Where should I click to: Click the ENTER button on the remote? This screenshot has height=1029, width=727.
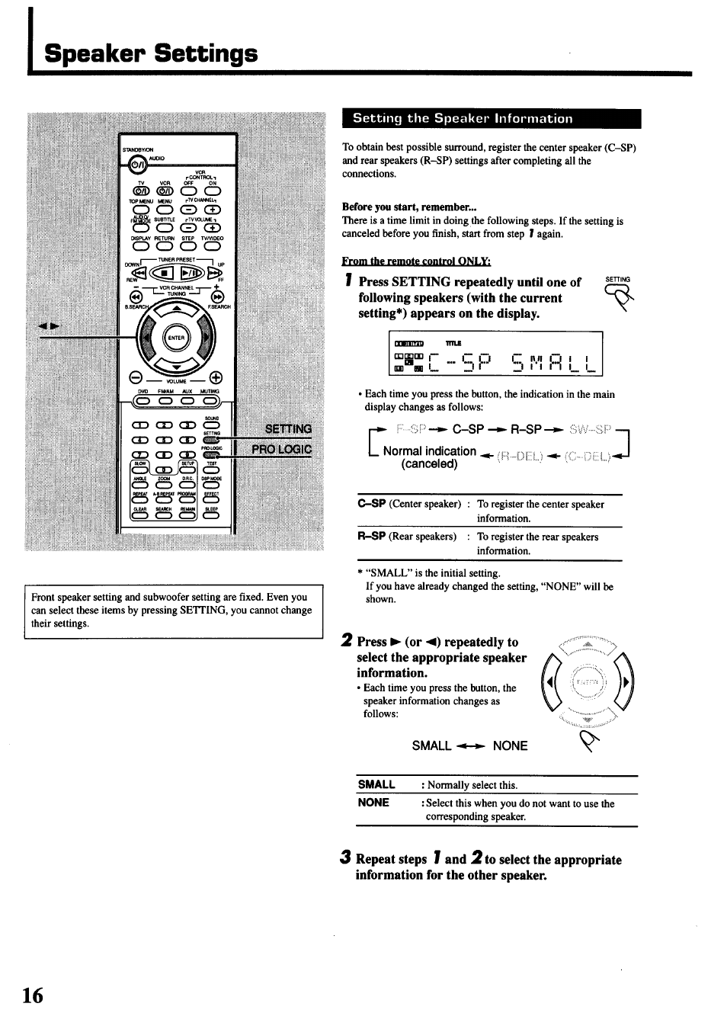pos(176,338)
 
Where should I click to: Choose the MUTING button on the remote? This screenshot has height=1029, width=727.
pos(210,402)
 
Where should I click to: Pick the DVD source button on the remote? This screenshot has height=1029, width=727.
pos(143,402)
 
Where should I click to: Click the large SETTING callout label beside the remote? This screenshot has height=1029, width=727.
pos(288,429)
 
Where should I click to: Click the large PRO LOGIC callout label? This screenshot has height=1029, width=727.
pos(282,449)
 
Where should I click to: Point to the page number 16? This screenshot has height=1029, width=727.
pos(33,995)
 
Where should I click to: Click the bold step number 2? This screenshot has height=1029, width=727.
pos(347,640)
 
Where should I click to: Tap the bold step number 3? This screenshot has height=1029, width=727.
pos(346,857)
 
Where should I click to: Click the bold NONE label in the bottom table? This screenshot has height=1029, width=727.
pos(373,803)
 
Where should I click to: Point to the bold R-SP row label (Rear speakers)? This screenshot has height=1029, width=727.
pos(371,537)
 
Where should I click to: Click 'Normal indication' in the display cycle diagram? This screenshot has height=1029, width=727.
pos(429,450)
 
